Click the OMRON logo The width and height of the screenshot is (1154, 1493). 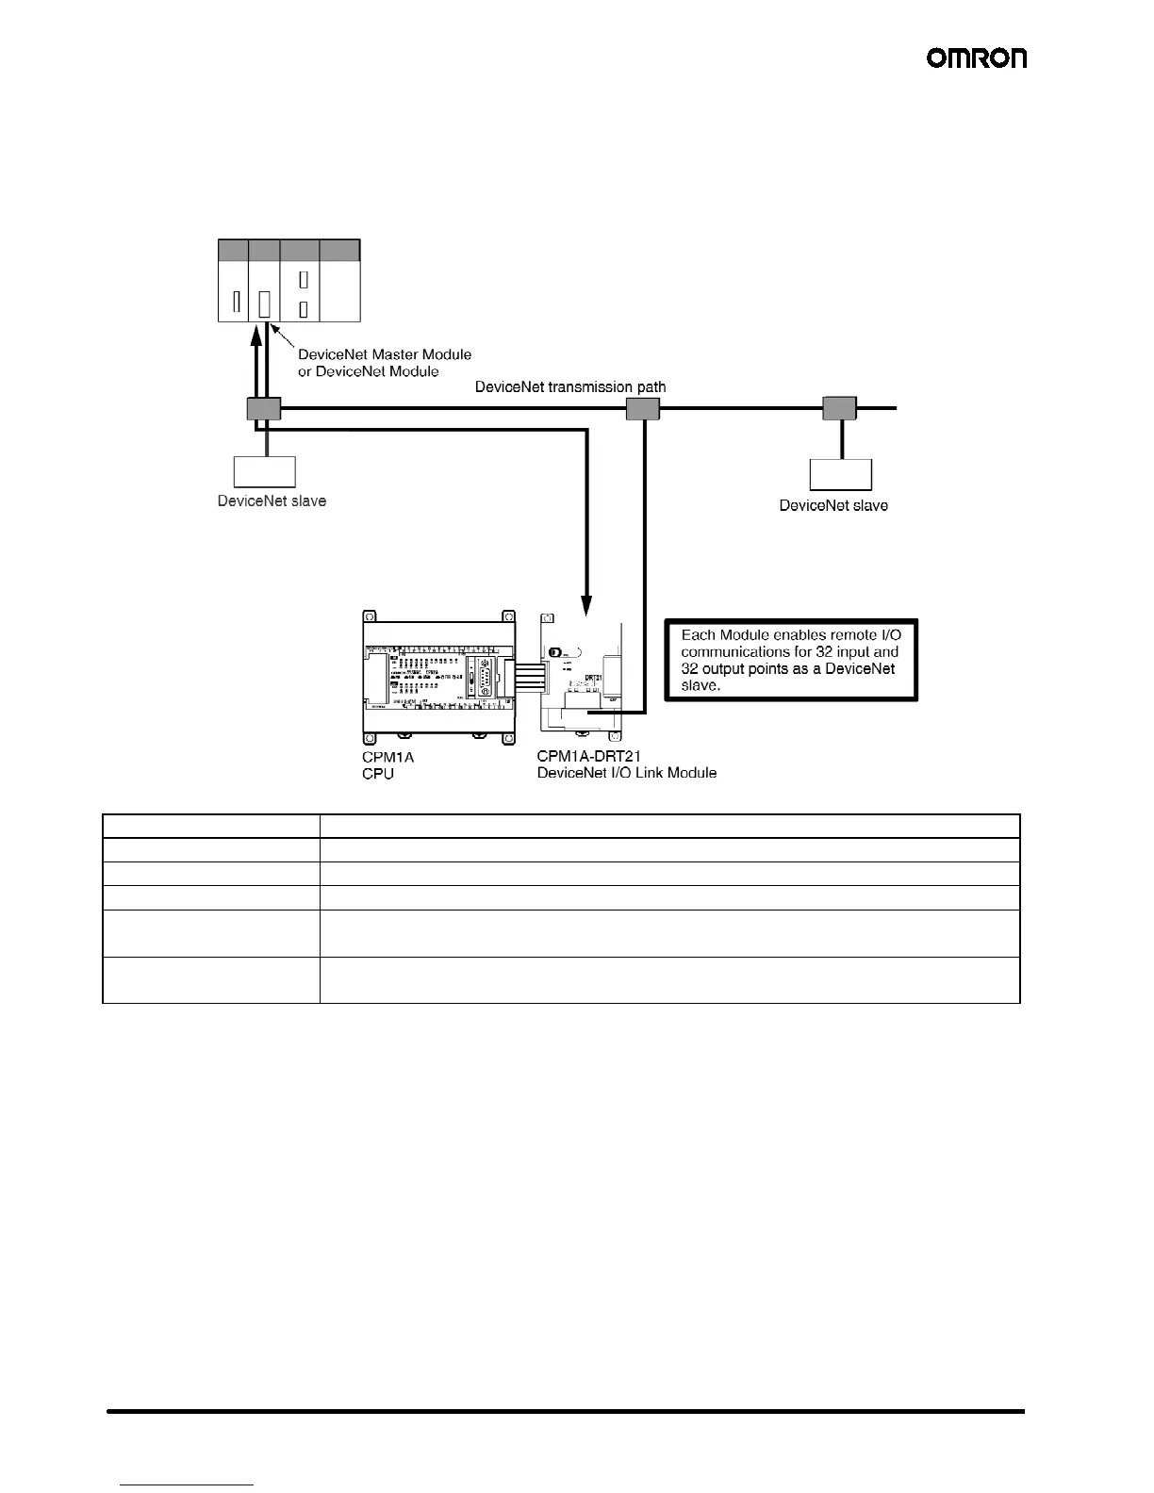pos(977,58)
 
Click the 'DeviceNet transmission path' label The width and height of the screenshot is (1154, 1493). pos(570,387)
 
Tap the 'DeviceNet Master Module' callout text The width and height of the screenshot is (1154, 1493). pos(385,354)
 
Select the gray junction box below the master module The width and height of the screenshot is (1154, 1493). pos(263,409)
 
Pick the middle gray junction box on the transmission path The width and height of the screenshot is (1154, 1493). pos(643,409)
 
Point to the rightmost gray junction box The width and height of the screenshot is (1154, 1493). pos(839,409)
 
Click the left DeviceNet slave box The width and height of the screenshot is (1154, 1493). pos(265,471)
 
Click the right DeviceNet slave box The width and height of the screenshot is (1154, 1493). pos(841,475)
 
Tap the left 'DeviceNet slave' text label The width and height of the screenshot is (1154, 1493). pos(272,500)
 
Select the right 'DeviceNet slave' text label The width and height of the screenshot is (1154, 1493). pos(833,505)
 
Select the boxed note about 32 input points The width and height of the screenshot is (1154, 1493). pos(791,660)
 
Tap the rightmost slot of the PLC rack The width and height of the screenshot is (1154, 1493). pos(339,281)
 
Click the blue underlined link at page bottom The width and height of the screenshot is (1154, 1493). pos(188,1485)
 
